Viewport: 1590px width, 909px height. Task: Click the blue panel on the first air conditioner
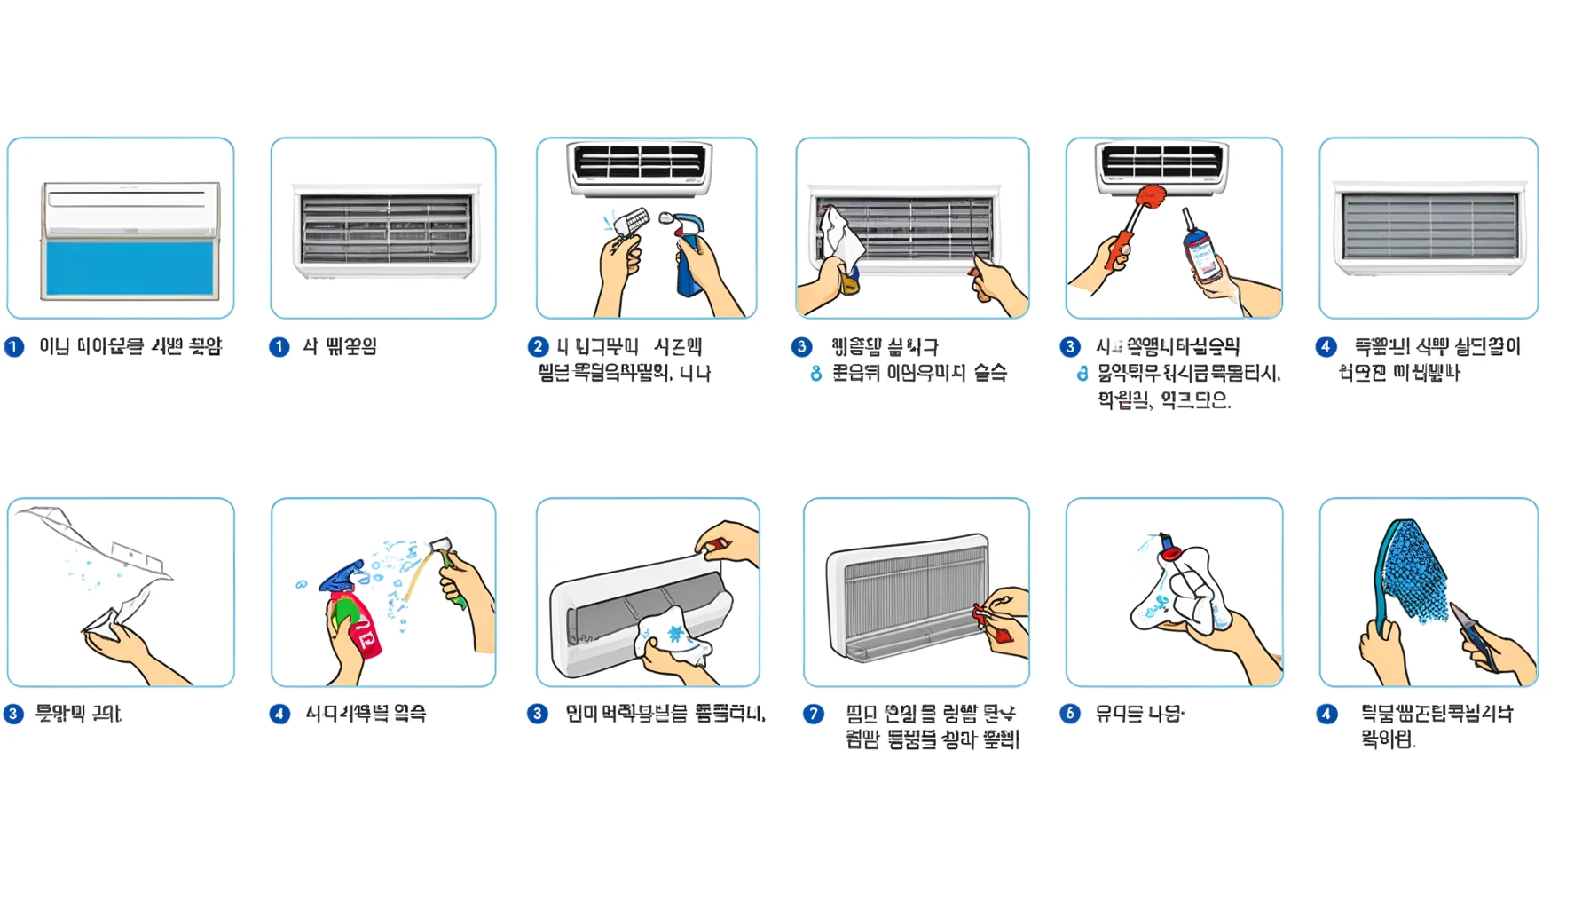point(130,268)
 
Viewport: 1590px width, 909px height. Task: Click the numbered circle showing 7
point(814,714)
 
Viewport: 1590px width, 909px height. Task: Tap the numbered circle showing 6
point(1070,714)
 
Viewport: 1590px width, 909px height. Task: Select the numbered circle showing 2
point(538,346)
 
